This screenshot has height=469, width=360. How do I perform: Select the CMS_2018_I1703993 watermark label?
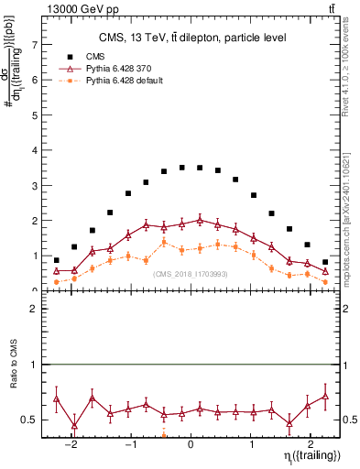pyautogui.click(x=190, y=273)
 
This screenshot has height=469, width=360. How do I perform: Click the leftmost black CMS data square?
pyautogui.click(x=57, y=260)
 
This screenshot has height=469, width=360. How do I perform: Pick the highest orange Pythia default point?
pyautogui.click(x=164, y=242)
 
